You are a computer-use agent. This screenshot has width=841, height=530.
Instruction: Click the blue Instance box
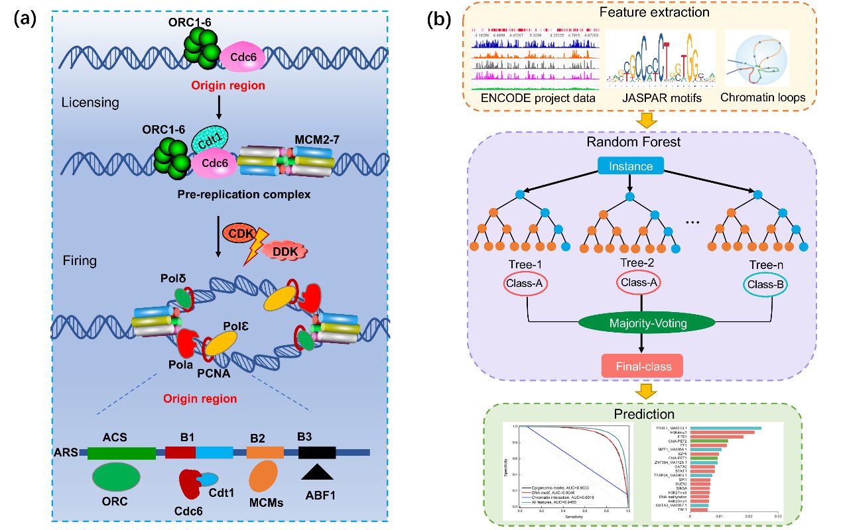tap(631, 167)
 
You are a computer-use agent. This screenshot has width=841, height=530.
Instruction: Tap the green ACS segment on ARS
tap(121, 452)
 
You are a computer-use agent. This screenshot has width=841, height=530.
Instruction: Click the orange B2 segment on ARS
tap(265, 452)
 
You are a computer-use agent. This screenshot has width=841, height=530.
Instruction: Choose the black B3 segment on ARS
tap(317, 452)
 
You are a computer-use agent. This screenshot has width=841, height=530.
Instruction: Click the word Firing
tap(79, 260)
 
